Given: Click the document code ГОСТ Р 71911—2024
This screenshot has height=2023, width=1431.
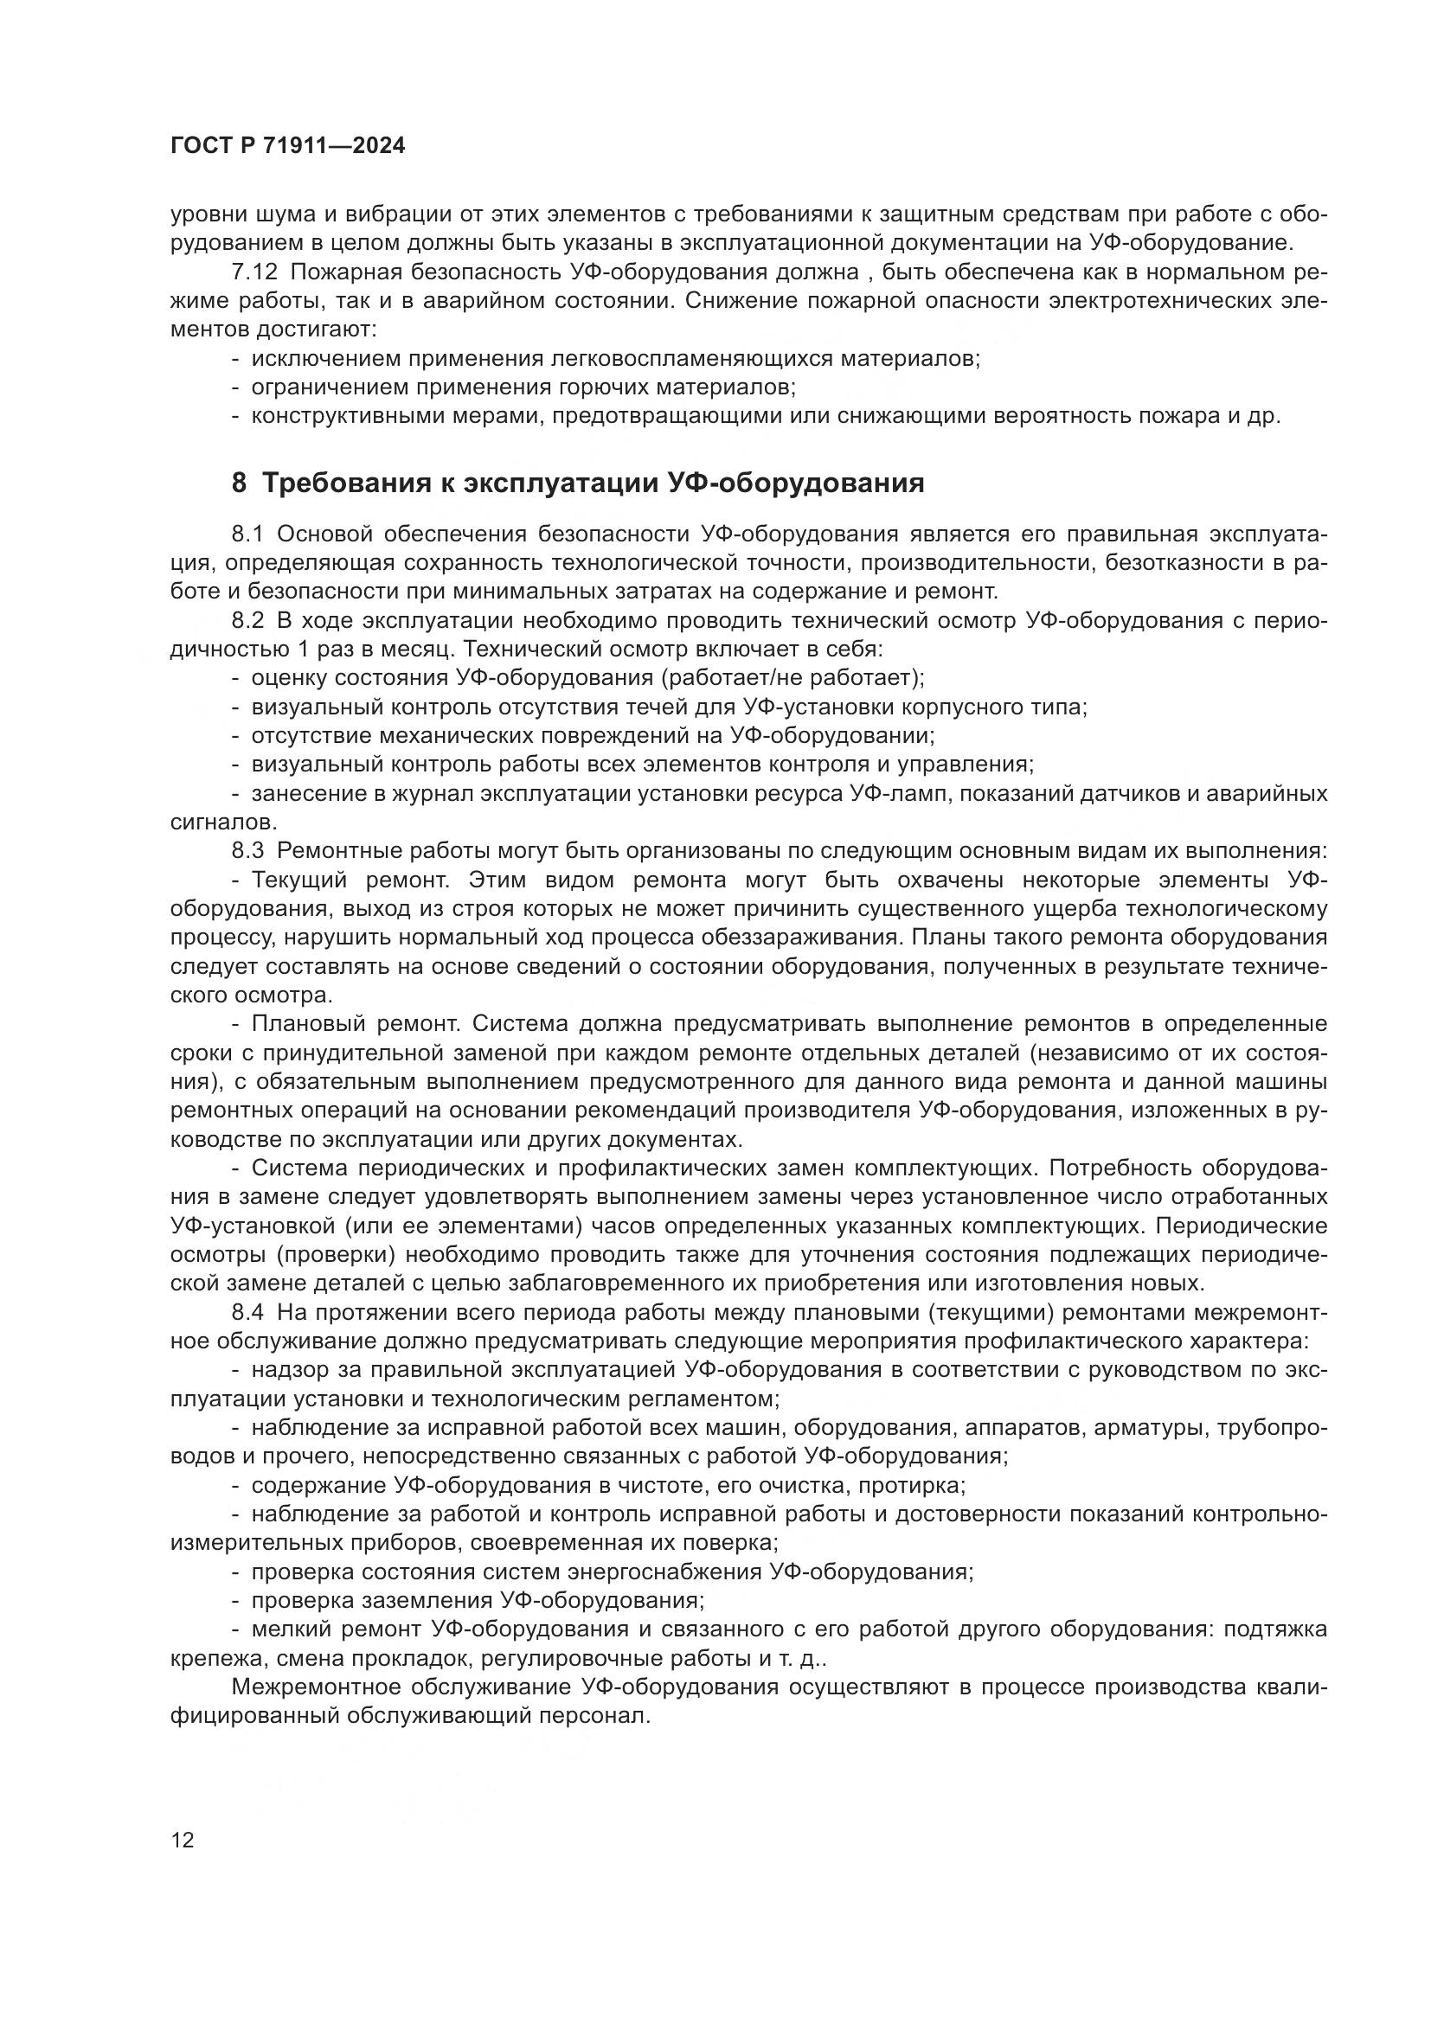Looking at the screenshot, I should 287,146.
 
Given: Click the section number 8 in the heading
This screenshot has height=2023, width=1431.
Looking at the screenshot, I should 239,483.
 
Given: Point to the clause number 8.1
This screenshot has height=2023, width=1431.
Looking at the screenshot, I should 247,534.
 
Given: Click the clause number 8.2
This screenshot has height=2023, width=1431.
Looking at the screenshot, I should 247,620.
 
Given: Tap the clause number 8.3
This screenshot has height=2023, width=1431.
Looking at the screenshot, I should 247,850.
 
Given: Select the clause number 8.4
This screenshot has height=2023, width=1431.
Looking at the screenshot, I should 247,1311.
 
